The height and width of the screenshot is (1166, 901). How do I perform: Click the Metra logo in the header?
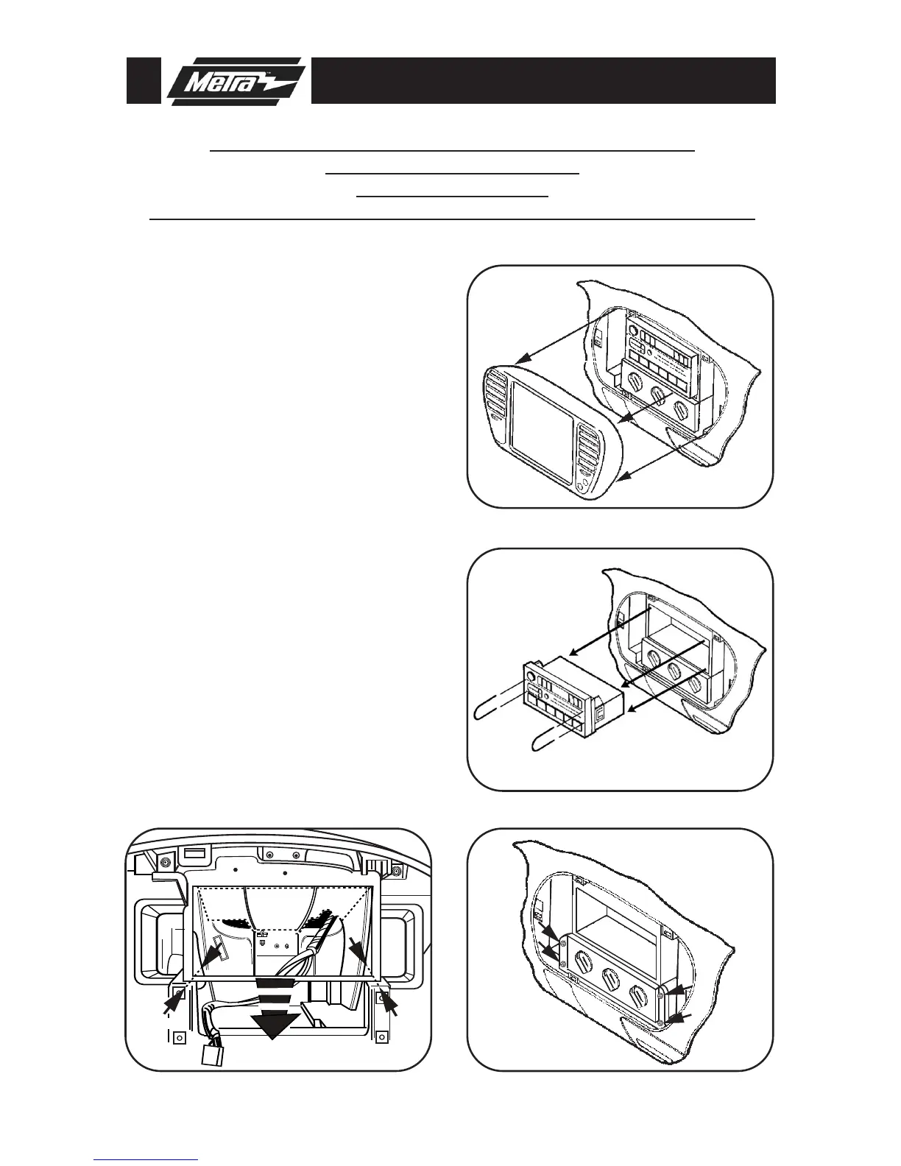coord(234,81)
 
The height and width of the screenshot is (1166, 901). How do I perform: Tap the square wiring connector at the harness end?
coord(213,1056)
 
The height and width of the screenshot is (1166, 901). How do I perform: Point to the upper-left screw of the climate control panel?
coord(562,943)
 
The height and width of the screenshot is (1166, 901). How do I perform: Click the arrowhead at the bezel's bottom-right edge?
coord(621,481)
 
